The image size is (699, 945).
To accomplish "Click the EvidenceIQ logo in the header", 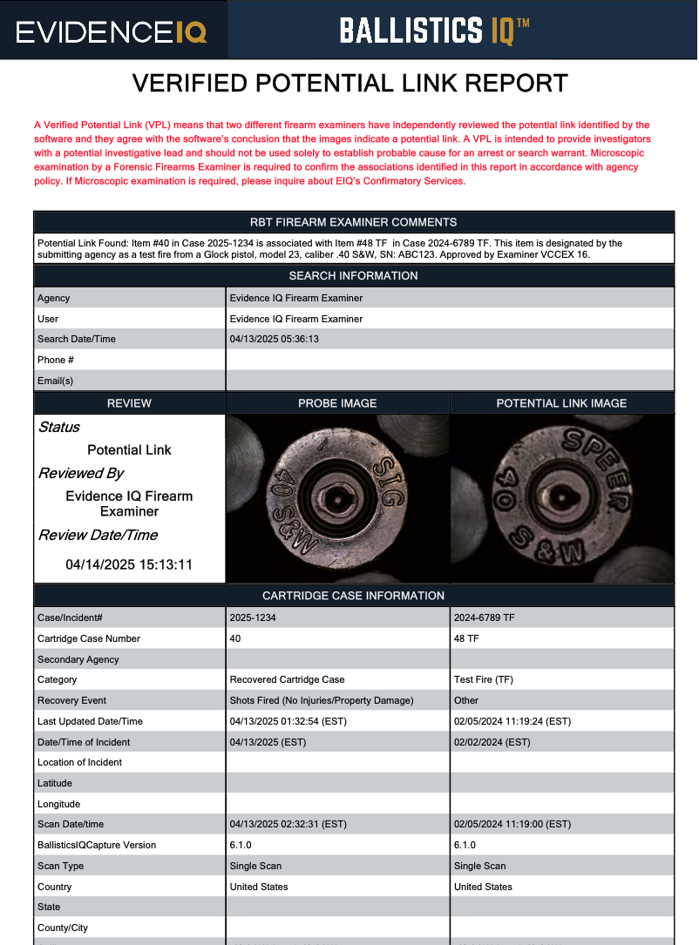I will click(x=112, y=32).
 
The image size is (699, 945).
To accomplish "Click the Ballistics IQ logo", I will click(x=434, y=31).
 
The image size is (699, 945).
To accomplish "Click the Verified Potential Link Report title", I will click(x=349, y=84).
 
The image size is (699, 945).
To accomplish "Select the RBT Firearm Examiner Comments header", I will click(x=353, y=222).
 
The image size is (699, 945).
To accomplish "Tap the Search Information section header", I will click(x=353, y=276).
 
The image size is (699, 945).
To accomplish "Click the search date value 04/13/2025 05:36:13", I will click(x=275, y=339).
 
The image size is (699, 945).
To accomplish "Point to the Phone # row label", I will click(x=56, y=360).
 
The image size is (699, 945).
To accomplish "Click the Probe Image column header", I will click(x=337, y=403).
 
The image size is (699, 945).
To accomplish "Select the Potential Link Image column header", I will click(x=561, y=403).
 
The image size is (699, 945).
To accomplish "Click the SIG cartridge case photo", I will click(x=337, y=497).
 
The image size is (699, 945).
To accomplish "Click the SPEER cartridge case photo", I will click(x=561, y=497).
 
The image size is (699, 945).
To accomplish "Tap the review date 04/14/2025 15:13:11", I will click(x=129, y=564).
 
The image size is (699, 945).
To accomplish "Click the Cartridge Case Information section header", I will click(x=353, y=596).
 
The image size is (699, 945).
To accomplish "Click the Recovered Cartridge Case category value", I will click(x=287, y=679).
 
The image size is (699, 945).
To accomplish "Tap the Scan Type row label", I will click(x=60, y=866).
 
